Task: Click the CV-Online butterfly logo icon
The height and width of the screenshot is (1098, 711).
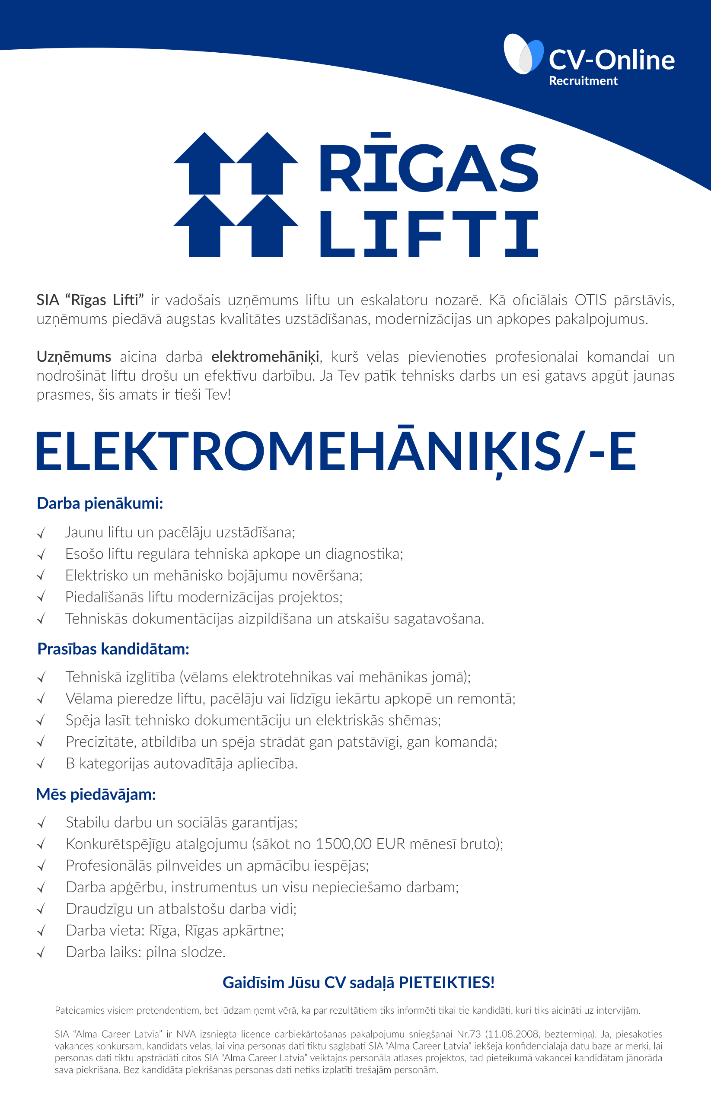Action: [x=523, y=54]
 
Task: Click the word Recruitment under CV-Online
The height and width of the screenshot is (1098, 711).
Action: [x=583, y=81]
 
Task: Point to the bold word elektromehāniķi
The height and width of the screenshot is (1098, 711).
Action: [x=265, y=357]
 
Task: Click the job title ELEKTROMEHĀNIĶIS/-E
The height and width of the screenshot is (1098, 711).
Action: [x=335, y=452]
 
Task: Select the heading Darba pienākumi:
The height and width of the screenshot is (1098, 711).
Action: [x=100, y=503]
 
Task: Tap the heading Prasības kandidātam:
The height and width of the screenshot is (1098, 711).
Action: [x=113, y=649]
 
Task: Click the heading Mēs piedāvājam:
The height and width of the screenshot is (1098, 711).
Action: [x=96, y=794]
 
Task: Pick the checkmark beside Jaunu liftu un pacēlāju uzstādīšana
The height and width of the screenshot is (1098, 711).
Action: [x=41, y=533]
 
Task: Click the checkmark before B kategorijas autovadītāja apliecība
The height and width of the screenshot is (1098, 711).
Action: [x=41, y=764]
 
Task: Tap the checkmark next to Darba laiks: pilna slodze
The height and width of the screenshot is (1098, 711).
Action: [x=41, y=953]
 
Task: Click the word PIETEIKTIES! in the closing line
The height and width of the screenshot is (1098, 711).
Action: [x=446, y=983]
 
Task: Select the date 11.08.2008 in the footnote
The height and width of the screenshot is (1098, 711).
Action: [x=516, y=1034]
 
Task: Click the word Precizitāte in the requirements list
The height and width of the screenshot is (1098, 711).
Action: [x=101, y=742]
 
